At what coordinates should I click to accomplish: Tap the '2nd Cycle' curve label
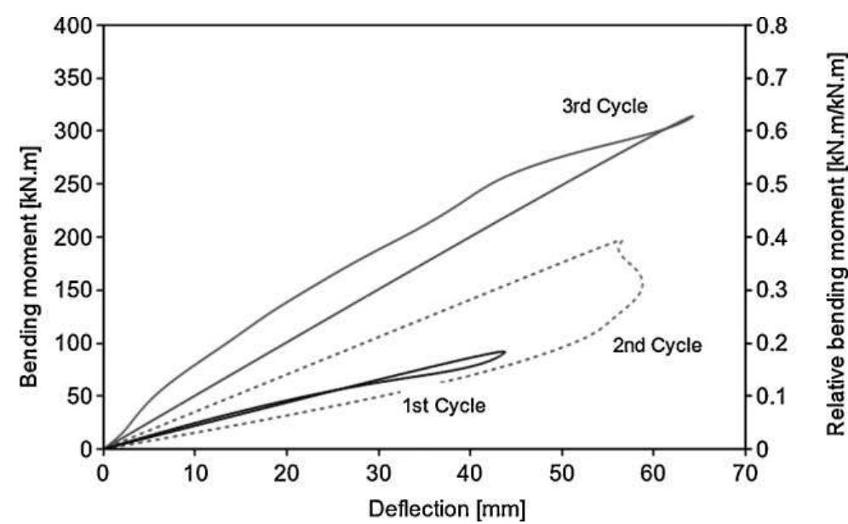[656, 345]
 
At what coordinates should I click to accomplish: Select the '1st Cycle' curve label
[444, 406]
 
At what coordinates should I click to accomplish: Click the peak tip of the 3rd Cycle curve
[692, 116]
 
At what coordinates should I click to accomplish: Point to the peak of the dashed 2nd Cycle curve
[619, 241]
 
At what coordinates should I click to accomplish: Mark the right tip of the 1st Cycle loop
[505, 352]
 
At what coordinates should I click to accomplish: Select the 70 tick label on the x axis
[745, 469]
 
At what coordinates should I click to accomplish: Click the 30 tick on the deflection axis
[378, 469]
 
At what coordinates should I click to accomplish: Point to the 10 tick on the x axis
[195, 469]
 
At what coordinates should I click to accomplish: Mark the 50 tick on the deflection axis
[561, 469]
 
